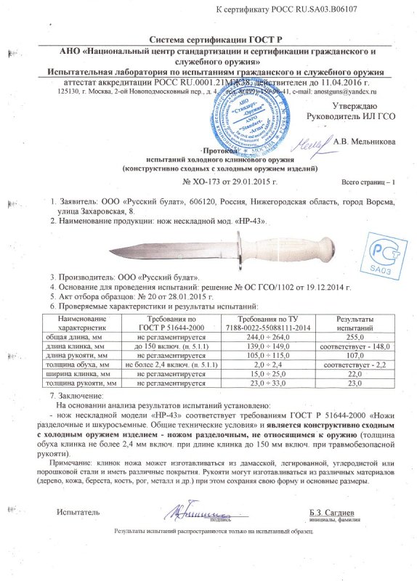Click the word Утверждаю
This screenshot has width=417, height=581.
tap(373, 105)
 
